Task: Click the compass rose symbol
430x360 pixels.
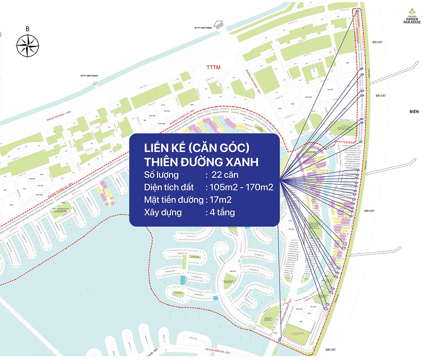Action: pos(28,45)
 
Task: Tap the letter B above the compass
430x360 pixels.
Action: pos(28,29)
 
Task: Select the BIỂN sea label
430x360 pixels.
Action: pos(414,112)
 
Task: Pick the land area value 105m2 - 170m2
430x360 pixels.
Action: pos(240,187)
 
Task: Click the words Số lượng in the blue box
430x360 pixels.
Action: pos(162,175)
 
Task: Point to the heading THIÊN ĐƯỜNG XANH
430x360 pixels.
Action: pos(201,162)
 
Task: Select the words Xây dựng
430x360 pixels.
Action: pos(163,212)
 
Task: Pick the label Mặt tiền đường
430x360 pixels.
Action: pos(174,200)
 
